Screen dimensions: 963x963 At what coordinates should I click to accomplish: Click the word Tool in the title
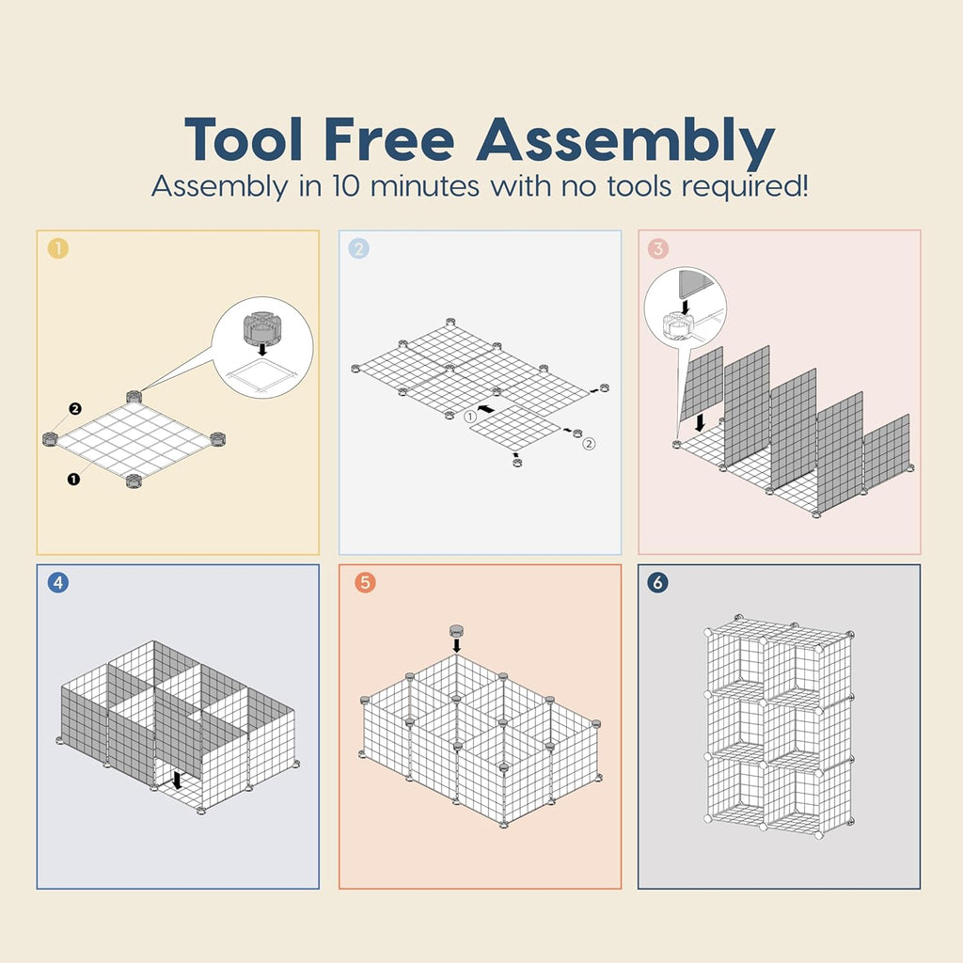[x=244, y=139]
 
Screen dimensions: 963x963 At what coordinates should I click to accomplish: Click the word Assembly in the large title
[x=625, y=143]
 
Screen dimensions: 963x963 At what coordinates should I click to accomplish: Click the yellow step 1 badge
[x=58, y=248]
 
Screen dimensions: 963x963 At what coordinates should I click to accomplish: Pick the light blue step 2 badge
[x=358, y=248]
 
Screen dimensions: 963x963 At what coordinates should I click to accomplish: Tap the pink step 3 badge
[x=657, y=248]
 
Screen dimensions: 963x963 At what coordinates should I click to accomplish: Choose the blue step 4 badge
[x=58, y=582]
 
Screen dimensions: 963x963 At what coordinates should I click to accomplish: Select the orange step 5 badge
[x=365, y=582]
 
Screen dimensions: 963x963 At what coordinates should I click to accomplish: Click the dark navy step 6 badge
[x=657, y=582]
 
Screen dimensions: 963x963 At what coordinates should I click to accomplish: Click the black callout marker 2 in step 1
[x=75, y=408]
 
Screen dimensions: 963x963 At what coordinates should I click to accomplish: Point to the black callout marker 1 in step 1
[x=73, y=479]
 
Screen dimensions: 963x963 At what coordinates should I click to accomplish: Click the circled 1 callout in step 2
[x=470, y=417]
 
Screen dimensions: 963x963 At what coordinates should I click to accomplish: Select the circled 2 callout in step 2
[x=589, y=444]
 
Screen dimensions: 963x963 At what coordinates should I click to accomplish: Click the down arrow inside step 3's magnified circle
[x=686, y=306]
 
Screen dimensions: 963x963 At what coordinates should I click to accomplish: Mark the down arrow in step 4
[x=177, y=780]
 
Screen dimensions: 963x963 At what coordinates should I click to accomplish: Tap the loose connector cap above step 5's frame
[x=456, y=630]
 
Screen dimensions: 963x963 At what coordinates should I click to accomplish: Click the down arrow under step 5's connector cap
[x=456, y=645]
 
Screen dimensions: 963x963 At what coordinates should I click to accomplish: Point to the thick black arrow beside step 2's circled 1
[x=486, y=408]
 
